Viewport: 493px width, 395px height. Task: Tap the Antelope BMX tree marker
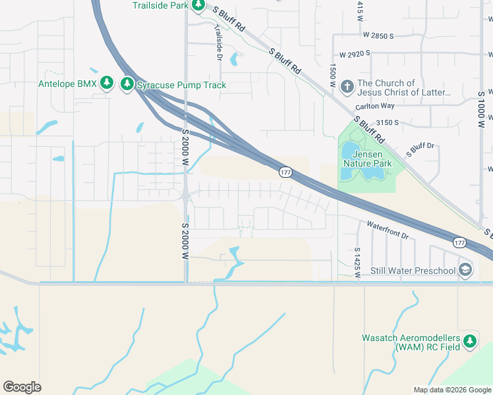click(x=108, y=84)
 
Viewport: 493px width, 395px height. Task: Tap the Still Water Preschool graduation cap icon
click(x=466, y=270)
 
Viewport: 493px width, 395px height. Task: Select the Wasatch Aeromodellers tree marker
click(x=469, y=340)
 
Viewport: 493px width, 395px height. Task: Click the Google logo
click(x=22, y=386)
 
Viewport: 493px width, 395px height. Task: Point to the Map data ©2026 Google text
click(x=451, y=390)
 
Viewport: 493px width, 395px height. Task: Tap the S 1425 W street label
click(x=357, y=262)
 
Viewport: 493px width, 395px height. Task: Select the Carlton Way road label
click(x=374, y=106)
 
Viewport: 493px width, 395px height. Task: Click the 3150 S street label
click(x=388, y=122)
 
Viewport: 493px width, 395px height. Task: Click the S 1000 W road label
click(x=482, y=109)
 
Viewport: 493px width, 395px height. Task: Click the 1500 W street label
click(x=333, y=75)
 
